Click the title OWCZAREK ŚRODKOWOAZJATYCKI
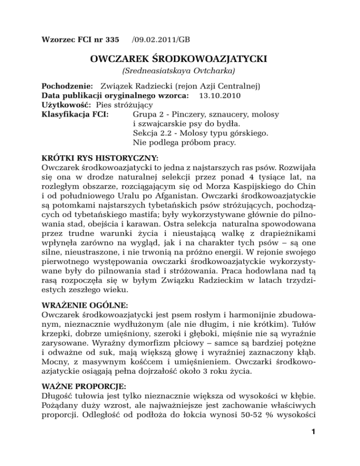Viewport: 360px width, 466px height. point(180,58)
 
